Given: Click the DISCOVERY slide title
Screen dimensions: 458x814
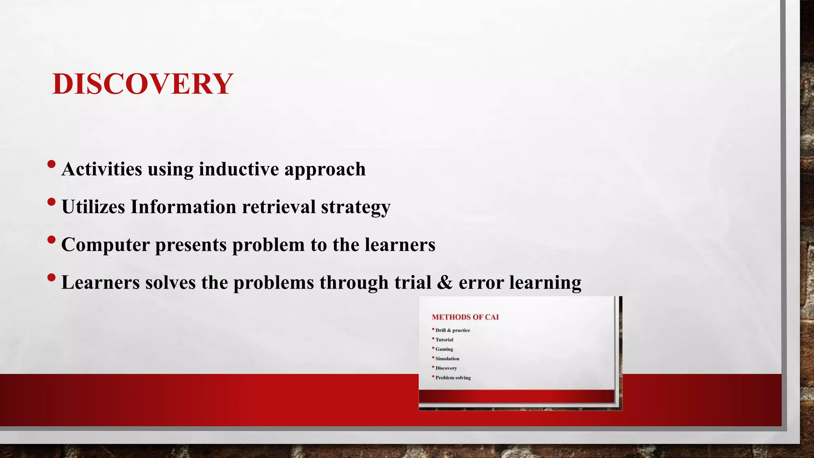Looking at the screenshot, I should click(x=142, y=84).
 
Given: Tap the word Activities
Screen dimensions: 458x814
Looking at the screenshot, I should click(x=102, y=169).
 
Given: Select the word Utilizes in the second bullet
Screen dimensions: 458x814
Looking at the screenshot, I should click(x=93, y=207).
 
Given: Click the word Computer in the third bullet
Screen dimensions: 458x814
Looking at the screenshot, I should click(x=105, y=245).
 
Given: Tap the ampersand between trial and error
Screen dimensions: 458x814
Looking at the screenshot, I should click(x=444, y=283).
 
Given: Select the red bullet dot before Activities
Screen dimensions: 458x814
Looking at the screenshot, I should click(x=51, y=164).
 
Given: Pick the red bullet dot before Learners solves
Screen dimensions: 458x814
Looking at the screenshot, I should click(x=51, y=278).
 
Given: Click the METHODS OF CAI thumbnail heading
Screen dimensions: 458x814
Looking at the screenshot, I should click(x=465, y=317).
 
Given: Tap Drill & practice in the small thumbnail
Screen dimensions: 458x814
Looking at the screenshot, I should click(x=452, y=330).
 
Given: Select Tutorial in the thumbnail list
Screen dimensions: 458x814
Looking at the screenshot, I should click(x=444, y=340).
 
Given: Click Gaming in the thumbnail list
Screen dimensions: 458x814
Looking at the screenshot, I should click(x=444, y=349).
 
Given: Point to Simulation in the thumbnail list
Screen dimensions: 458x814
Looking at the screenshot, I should click(x=447, y=359).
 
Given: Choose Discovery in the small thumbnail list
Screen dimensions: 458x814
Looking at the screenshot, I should click(x=446, y=368).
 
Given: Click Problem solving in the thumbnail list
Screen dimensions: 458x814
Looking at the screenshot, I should click(x=453, y=378).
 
